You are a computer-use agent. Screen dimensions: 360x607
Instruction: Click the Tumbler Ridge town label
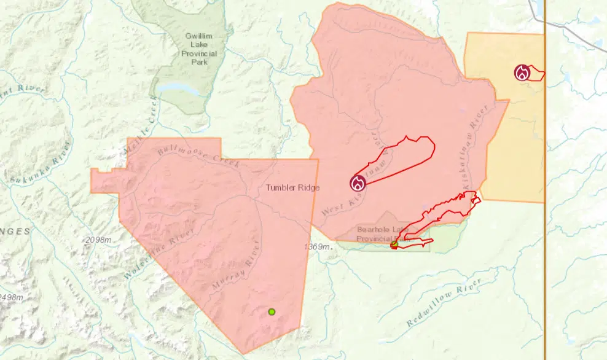pyautogui.click(x=292, y=187)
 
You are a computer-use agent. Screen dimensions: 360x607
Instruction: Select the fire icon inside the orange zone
pyautogui.click(x=522, y=73)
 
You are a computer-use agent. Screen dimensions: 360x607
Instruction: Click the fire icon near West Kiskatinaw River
pyautogui.click(x=358, y=182)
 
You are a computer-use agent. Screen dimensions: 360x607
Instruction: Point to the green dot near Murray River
pyautogui.click(x=272, y=312)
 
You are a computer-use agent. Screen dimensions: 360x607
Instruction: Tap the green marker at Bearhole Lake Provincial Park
pyautogui.click(x=394, y=245)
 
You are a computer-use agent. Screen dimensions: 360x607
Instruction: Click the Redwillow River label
pyautogui.click(x=445, y=302)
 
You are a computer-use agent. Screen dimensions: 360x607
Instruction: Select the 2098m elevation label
pyautogui.click(x=100, y=239)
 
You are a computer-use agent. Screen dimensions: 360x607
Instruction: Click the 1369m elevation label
pyautogui.click(x=318, y=246)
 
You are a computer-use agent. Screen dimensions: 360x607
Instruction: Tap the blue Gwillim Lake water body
pyautogui.click(x=178, y=89)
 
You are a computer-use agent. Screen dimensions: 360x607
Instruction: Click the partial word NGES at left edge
pyautogui.click(x=15, y=231)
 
